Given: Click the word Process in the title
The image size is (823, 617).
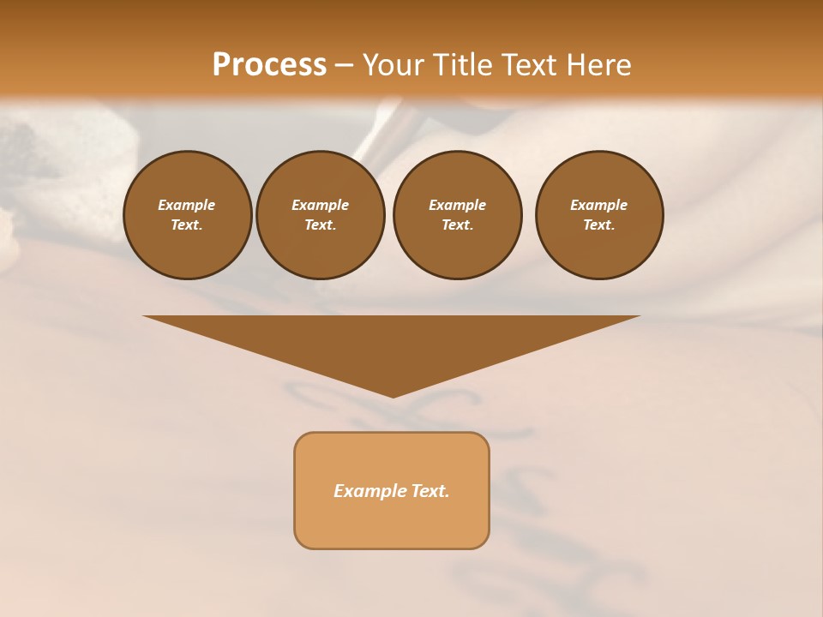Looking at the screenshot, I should (x=269, y=65).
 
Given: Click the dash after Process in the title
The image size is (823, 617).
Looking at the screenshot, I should (x=345, y=67).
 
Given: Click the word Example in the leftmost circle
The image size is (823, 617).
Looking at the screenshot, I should (x=187, y=205).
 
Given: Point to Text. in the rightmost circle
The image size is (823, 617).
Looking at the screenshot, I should (x=599, y=225).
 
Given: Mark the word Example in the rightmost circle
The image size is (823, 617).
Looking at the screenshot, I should (x=599, y=205).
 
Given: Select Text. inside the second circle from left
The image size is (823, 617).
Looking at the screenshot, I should (x=320, y=225).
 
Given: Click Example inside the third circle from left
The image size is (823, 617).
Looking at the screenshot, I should (x=457, y=205).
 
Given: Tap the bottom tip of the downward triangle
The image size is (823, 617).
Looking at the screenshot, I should (x=393, y=396).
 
